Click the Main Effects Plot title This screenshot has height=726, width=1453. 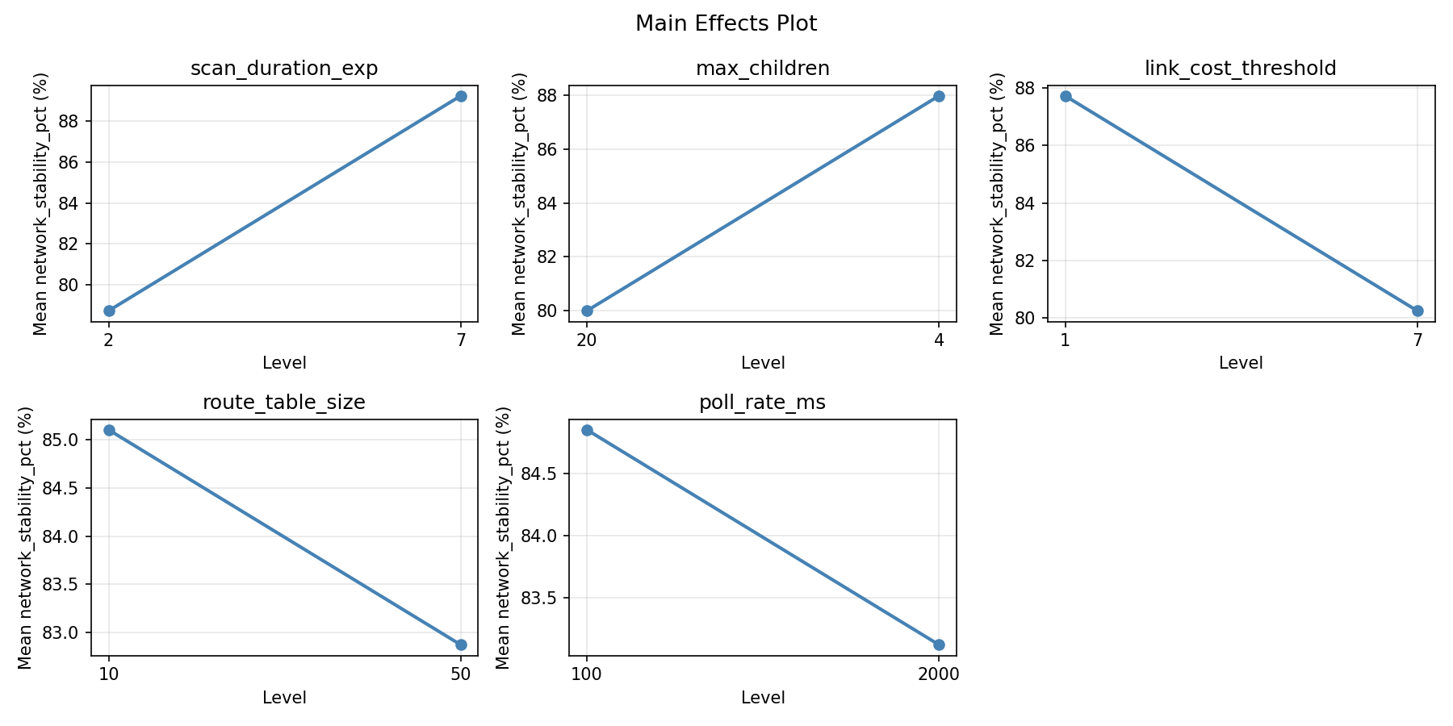(726, 24)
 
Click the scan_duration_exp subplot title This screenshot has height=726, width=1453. (284, 69)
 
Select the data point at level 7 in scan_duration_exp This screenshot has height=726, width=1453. (461, 96)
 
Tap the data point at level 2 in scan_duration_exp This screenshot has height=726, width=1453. (109, 311)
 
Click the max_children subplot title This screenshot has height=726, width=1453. (763, 69)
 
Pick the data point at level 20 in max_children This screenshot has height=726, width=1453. (587, 311)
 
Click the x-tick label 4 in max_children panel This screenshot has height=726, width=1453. (939, 340)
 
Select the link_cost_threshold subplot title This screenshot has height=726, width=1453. (1241, 69)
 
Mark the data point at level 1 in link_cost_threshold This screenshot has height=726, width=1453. (1066, 96)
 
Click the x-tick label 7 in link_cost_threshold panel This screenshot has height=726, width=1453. (1417, 340)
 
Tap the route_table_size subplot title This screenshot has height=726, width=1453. (284, 403)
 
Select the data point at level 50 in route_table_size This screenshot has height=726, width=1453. (461, 645)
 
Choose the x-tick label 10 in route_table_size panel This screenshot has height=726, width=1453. (109, 674)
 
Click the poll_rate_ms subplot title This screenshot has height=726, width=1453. (763, 403)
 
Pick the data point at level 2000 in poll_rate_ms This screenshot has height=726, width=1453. (939, 645)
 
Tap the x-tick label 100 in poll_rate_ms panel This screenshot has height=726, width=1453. (587, 674)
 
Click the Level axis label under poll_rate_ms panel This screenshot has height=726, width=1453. (763, 698)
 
